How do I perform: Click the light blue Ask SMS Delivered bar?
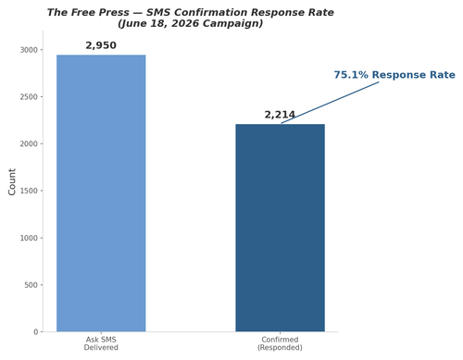[101, 193]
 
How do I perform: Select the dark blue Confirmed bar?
[280, 228]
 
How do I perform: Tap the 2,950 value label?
[101, 45]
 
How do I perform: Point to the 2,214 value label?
[280, 115]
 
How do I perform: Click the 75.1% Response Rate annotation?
[394, 75]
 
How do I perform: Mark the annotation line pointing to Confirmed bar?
[330, 103]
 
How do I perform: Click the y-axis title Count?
[12, 181]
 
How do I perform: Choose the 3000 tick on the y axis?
[29, 50]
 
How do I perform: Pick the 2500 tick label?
[29, 97]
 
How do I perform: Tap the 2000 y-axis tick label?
[29, 143]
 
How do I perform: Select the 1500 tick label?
[29, 191]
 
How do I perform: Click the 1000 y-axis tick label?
[29, 238]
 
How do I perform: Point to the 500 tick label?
[31, 285]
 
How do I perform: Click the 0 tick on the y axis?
[36, 332]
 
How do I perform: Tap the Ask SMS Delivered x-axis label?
[101, 343]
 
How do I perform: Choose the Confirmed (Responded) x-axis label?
[280, 343]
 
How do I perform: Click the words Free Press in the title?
[100, 13]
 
